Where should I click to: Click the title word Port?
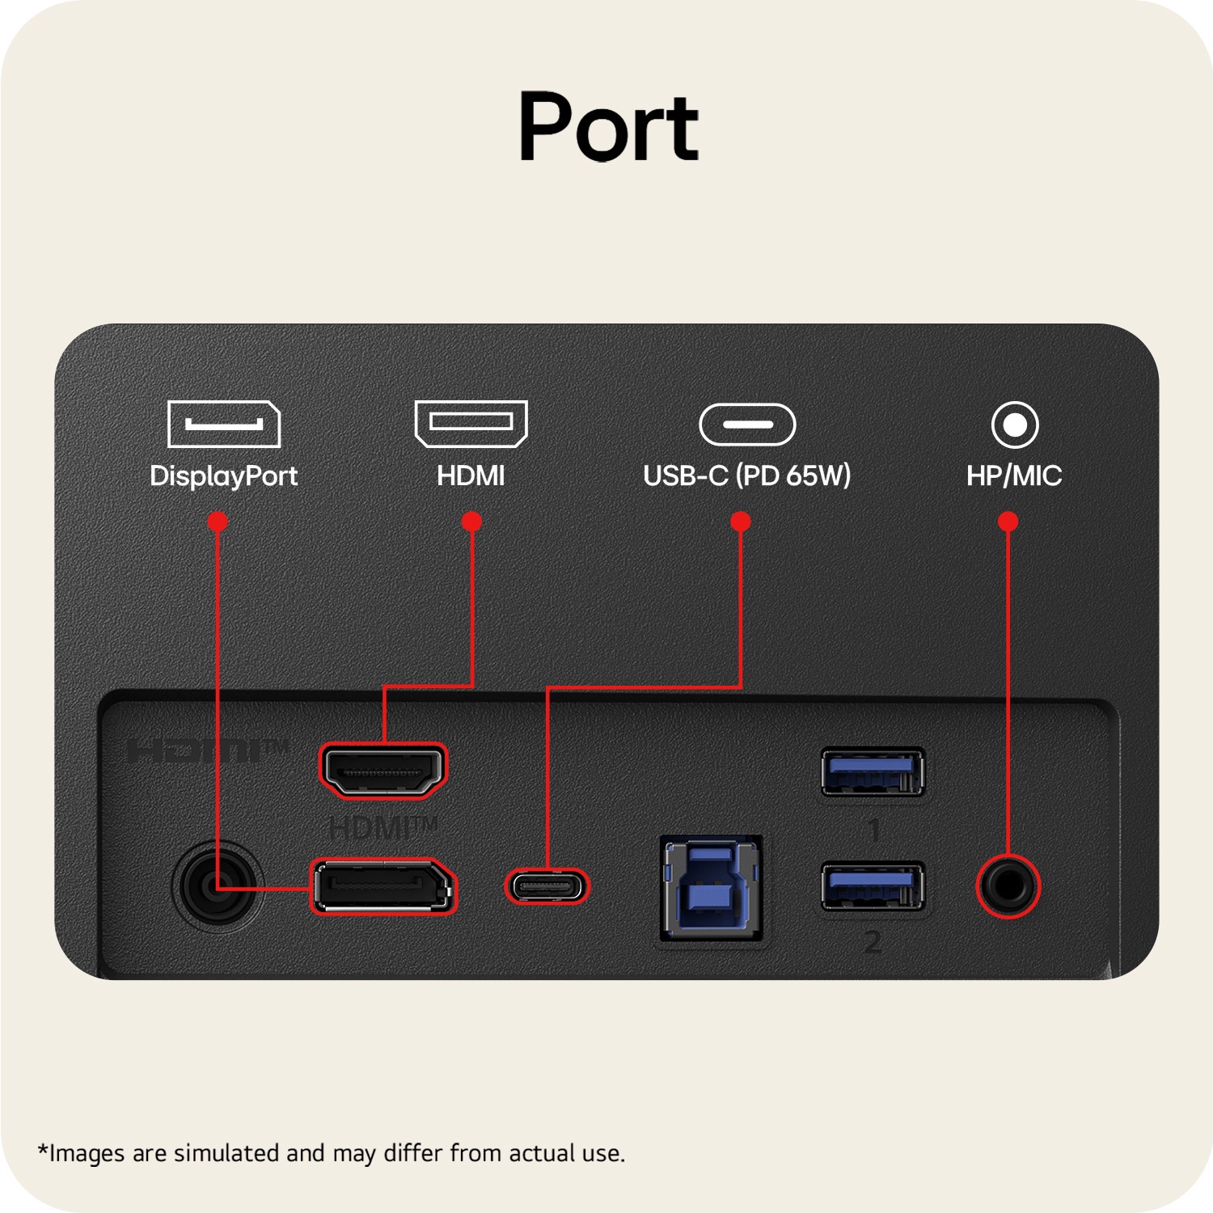608,127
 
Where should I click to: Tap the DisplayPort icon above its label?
224,424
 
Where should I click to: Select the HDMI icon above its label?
471,424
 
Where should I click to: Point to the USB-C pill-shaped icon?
747,425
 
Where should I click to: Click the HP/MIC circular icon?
1015,425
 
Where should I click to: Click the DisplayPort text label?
224,476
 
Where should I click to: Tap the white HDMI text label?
471,475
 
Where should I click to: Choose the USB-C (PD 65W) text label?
747,475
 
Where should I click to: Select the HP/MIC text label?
1014,475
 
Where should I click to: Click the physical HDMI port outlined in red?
383,771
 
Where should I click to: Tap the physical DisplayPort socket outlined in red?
383,887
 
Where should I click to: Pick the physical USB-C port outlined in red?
547,887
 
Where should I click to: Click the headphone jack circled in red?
1008,886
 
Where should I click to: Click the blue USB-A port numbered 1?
873,771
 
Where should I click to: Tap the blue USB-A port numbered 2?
873,887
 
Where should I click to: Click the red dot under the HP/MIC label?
1008,522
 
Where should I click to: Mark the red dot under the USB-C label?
741,522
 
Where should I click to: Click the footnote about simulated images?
332,1153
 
